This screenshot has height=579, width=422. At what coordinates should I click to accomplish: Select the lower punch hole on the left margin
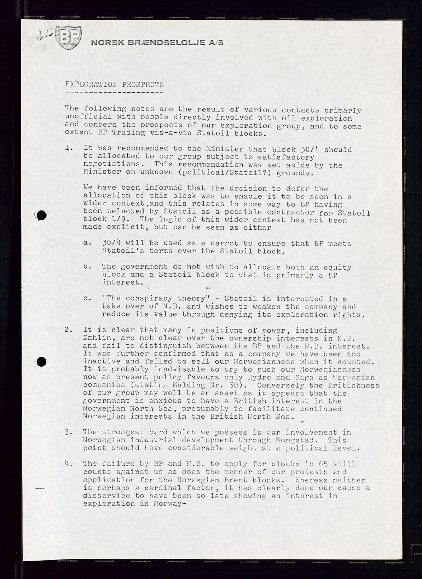pyautogui.click(x=41, y=361)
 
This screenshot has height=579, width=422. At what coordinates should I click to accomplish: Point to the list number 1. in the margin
pyautogui.click(x=69, y=148)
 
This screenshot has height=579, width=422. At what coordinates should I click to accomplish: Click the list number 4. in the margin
pyautogui.click(x=69, y=463)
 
